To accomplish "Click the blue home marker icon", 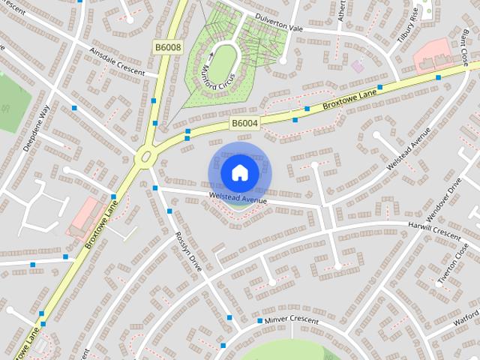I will pos(239,173).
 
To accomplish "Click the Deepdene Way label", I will pos(35,128).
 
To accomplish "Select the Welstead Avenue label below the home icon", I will pos(238,199).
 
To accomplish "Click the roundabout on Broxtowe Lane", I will pos(145,157).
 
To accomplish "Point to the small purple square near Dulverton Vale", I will pos(357,66).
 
